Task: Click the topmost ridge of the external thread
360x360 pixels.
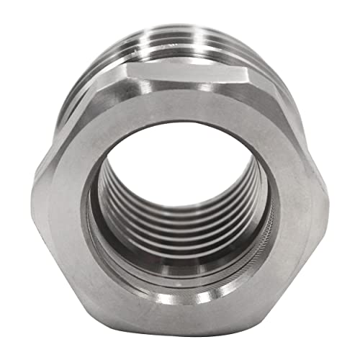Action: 180,29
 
